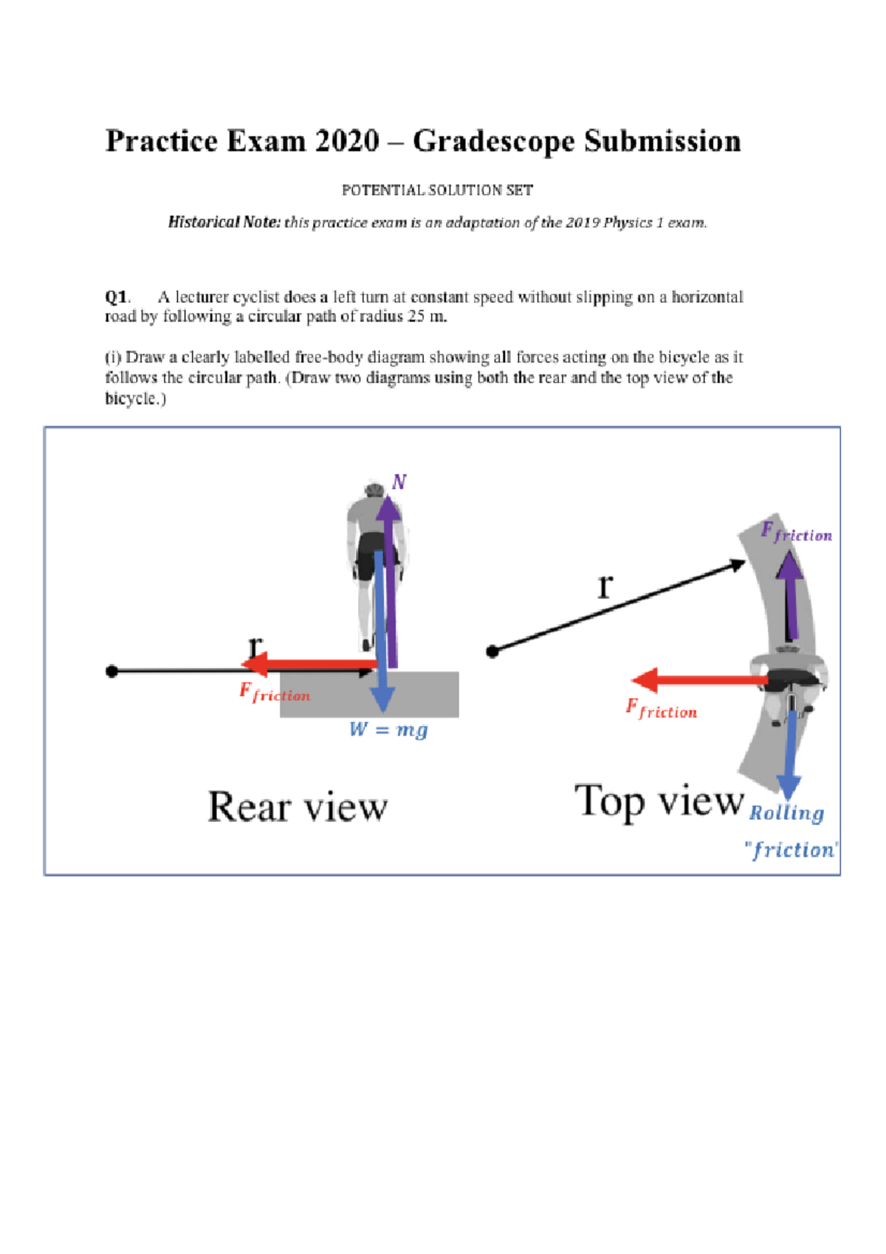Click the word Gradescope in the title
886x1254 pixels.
tap(492, 141)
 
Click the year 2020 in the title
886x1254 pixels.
tap(346, 141)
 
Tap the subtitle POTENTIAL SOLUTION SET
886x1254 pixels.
tap(437, 190)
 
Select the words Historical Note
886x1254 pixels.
tap(224, 222)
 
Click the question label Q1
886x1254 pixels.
tap(117, 297)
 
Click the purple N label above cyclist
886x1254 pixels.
tap(399, 482)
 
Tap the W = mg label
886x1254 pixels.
tap(388, 730)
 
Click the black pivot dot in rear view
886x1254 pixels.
tap(111, 671)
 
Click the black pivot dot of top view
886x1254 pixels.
tap(492, 651)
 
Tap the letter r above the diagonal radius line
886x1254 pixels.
tap(605, 586)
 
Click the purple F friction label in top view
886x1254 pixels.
tap(796, 532)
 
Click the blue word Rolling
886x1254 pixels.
tap(786, 812)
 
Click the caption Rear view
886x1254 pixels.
tap(298, 806)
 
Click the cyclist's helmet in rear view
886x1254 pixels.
tap(374, 488)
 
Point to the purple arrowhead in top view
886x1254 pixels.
tap(791, 566)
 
